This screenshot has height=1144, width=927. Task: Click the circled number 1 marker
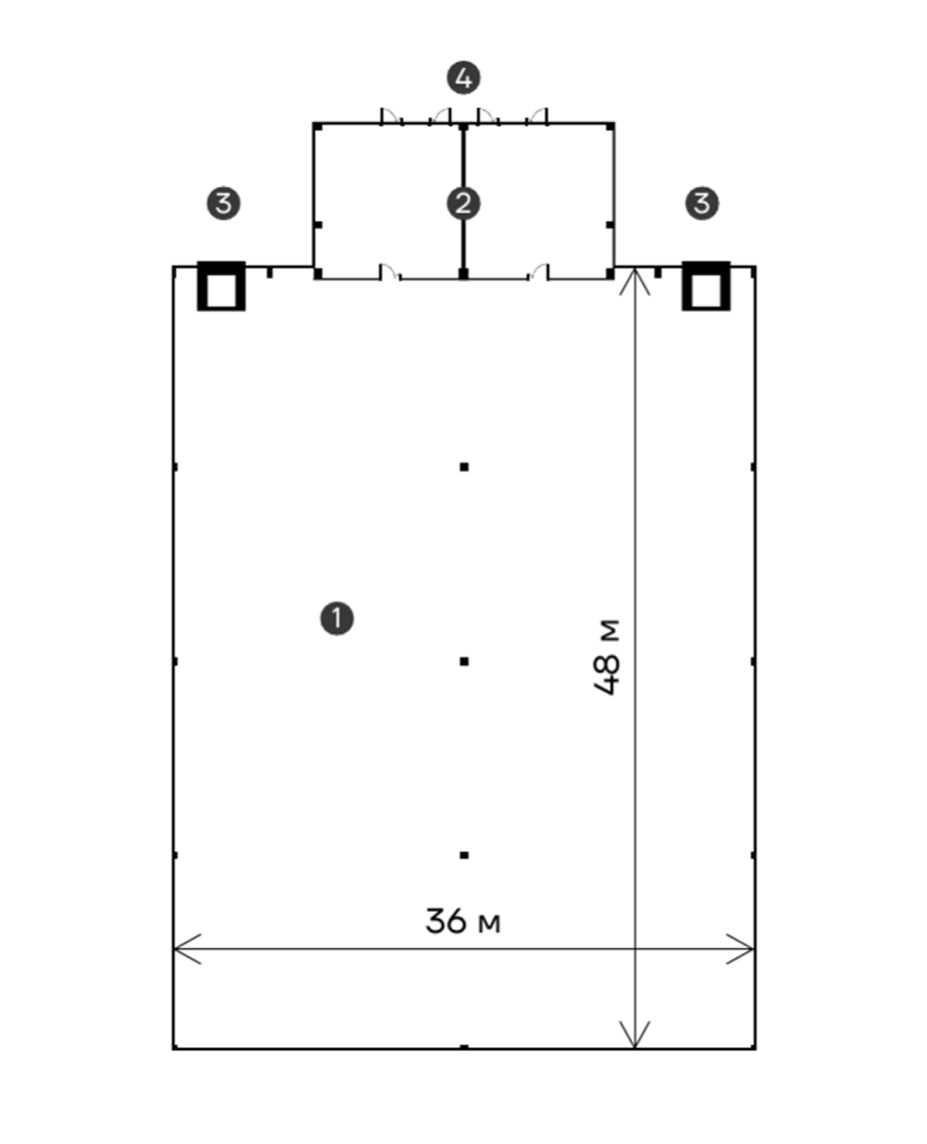337,618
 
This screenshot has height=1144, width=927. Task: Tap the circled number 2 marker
464,204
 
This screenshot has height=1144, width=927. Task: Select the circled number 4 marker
464,78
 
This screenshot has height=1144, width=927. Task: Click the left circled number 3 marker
223,204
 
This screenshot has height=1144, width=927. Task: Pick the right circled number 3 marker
702,204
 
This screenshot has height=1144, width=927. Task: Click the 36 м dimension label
463,921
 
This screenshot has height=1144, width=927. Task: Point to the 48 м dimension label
607,656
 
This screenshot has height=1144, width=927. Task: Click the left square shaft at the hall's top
221,286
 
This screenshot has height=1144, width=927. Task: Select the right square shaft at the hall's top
706,286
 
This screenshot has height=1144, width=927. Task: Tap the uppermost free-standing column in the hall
464,467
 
